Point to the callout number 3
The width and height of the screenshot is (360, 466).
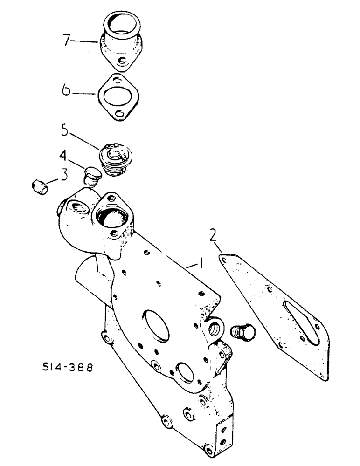(62, 175)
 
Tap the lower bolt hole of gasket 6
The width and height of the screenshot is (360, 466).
(123, 113)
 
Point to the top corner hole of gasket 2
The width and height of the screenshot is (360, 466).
(224, 257)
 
